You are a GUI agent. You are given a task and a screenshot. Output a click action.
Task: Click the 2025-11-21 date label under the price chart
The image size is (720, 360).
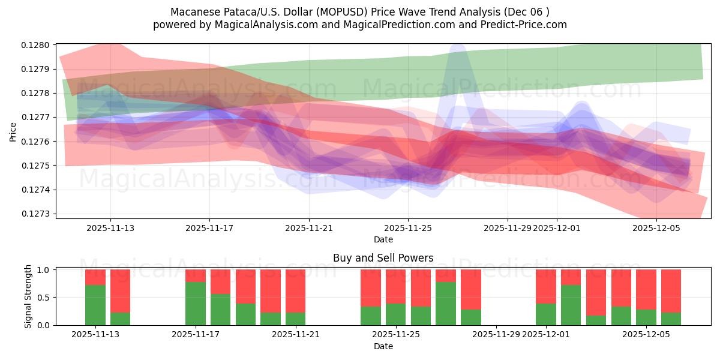(309, 228)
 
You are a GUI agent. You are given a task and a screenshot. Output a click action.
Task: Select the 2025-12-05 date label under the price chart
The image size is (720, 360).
(656, 228)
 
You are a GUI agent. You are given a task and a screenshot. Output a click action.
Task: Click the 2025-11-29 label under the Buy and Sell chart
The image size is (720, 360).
(496, 335)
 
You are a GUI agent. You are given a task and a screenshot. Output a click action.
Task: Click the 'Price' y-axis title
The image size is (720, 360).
(13, 131)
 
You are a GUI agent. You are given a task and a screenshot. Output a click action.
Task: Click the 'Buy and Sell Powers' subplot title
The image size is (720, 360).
(383, 259)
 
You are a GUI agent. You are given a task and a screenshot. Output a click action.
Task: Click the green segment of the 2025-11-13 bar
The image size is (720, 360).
(95, 305)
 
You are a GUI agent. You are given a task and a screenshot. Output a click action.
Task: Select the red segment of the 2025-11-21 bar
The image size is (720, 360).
(295, 291)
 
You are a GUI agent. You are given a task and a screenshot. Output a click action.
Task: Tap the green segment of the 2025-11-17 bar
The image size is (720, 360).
(196, 303)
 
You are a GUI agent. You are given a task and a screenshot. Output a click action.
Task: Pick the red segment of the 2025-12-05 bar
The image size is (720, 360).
(646, 289)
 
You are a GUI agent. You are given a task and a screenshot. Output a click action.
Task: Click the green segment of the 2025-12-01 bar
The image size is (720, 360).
(546, 314)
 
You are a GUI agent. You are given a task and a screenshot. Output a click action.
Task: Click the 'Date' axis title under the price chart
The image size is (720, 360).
(383, 239)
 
